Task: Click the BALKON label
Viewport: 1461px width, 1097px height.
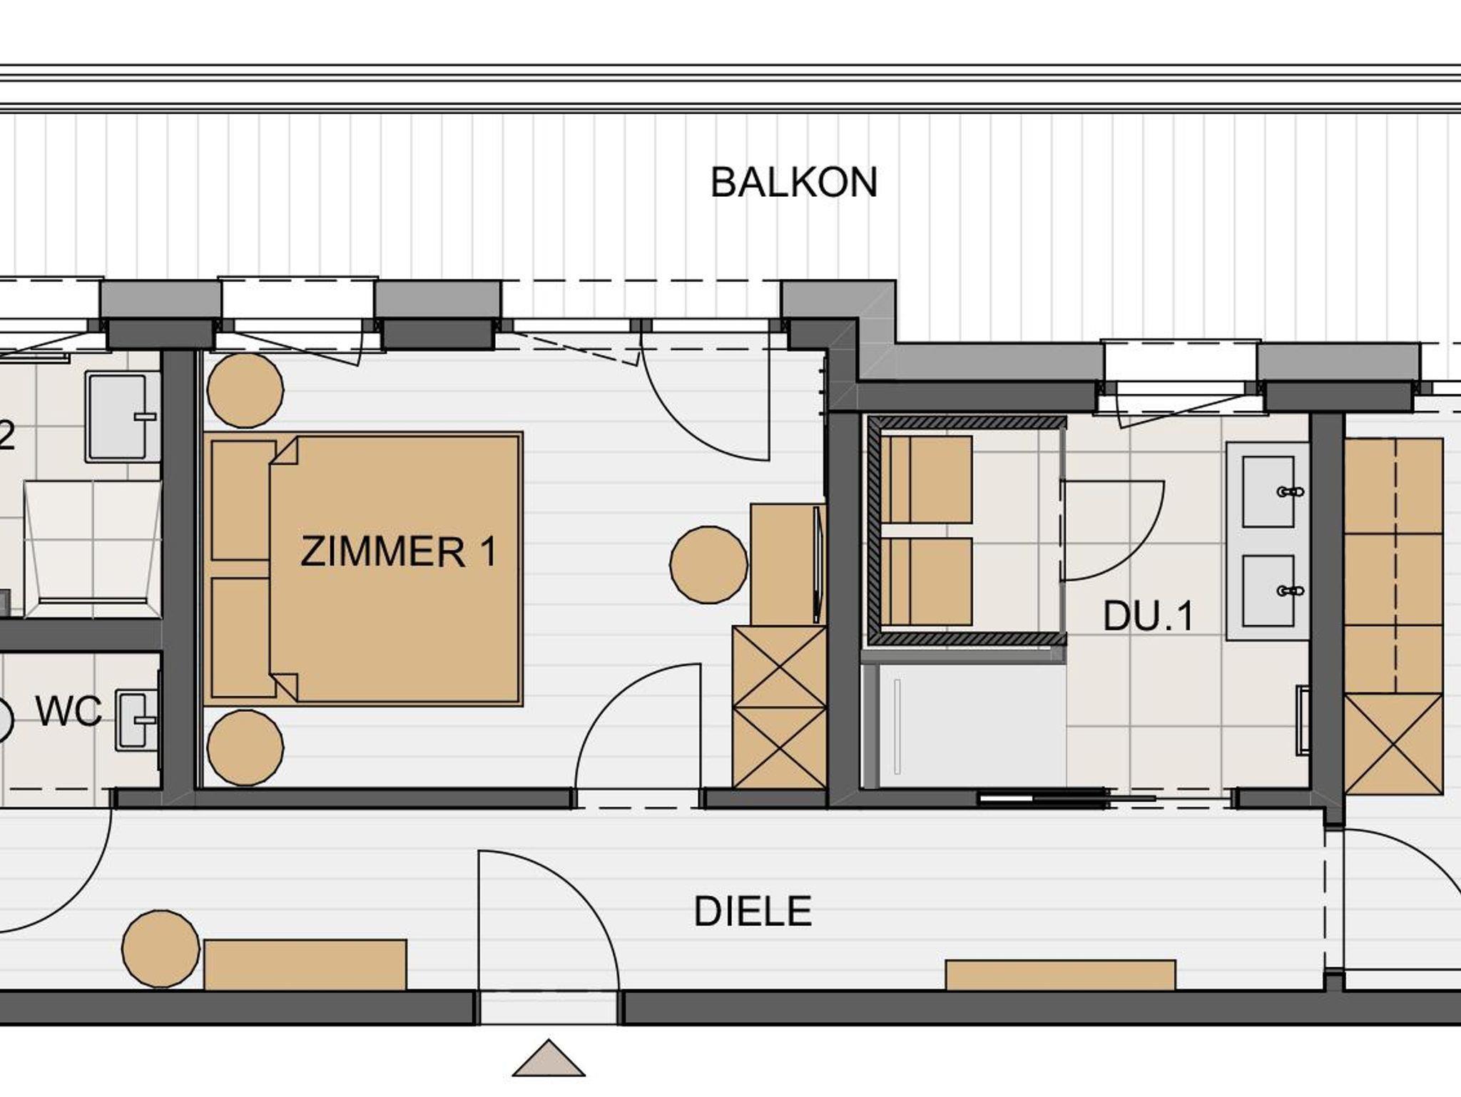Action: [793, 183]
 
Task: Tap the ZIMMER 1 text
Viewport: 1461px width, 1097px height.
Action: [398, 552]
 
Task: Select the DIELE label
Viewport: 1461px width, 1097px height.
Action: [753, 912]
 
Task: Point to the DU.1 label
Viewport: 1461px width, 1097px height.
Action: [1148, 616]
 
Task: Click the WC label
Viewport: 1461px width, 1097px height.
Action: [69, 711]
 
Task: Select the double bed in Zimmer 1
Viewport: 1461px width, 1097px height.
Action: [363, 568]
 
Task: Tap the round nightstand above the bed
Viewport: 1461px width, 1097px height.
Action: [245, 390]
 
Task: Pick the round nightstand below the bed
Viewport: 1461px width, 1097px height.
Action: [245, 748]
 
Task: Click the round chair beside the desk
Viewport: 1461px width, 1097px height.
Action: [708, 564]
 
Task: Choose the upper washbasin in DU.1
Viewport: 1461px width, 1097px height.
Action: [1268, 492]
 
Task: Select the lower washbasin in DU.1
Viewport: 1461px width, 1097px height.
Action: [1268, 591]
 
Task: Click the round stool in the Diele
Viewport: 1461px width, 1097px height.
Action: [161, 949]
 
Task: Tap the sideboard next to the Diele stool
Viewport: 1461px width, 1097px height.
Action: [305, 964]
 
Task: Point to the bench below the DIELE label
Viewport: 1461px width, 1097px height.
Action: [1060, 975]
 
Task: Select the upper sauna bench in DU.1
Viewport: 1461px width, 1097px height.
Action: [927, 479]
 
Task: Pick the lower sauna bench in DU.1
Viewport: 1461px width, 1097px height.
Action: [927, 581]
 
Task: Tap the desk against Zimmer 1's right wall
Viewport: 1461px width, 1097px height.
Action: [788, 565]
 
